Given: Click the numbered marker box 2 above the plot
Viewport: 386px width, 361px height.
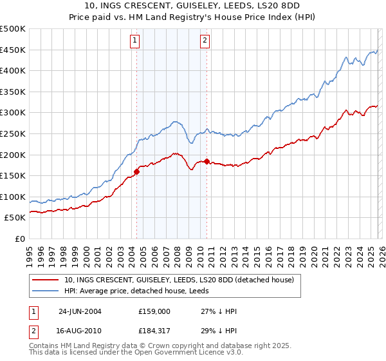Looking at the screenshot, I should coord(205,41).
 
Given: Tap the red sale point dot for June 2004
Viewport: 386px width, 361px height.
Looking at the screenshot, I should coord(137,171).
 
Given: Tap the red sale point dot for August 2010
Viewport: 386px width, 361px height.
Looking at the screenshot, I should coord(207,161).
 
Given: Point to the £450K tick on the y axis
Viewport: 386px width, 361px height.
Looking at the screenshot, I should coord(13,50).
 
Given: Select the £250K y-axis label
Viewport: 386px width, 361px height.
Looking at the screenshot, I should coord(13,133).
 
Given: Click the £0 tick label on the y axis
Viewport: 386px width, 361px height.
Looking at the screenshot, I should coord(19,239).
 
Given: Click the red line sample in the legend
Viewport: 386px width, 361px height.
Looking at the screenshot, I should coord(44,280).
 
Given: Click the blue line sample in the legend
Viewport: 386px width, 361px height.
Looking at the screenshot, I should coord(44,291).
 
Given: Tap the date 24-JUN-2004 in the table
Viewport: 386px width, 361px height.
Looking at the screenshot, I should coord(81,310).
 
